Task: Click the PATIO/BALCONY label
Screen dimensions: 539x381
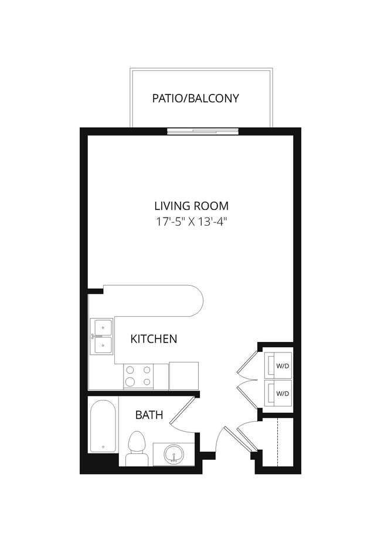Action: coord(195,98)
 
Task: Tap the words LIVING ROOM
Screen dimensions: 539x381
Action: coord(191,206)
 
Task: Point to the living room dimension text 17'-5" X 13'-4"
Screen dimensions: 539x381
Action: coord(191,222)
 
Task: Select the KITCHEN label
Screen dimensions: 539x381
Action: coord(154,338)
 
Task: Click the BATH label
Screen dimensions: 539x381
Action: coord(149,415)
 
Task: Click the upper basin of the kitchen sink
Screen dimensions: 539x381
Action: coord(102,326)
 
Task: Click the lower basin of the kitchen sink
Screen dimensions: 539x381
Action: coord(102,345)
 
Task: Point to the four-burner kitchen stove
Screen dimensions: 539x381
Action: coord(138,376)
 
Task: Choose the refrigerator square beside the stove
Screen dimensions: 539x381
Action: coord(183,376)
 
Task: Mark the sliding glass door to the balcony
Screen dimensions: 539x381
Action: coord(203,131)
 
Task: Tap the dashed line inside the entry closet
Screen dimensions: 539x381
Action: coord(276,442)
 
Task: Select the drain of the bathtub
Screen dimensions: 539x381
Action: coord(103,447)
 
